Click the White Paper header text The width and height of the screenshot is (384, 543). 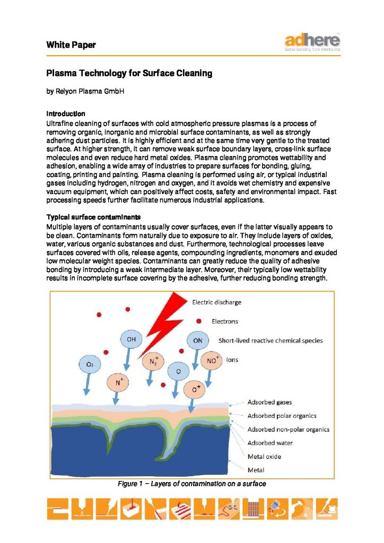pos(71,45)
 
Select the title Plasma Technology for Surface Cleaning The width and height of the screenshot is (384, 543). pos(129,73)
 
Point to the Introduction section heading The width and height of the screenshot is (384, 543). pos(66,113)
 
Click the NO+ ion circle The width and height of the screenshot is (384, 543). pos(211,361)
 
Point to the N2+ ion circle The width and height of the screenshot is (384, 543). pos(153,362)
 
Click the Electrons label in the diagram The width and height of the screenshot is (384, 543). pos(225,321)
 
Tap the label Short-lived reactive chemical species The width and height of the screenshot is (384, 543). pos(270,340)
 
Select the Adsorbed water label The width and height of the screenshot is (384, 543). pos(270,443)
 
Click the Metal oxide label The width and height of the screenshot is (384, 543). pos(264,457)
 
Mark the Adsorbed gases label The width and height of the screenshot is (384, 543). pos(269,402)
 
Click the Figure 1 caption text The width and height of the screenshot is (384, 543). pos(191,484)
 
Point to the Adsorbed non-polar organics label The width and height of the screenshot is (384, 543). pos(289,430)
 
